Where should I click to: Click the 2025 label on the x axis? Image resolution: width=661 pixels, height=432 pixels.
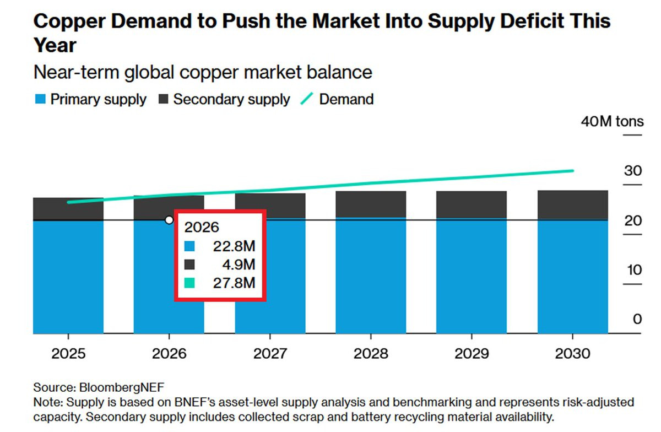(x=68, y=353)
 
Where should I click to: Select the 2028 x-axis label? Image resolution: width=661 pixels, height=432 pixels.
(x=371, y=353)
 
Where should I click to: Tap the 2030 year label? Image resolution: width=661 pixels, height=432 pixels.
(x=572, y=353)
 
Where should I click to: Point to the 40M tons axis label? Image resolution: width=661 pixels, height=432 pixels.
(x=612, y=121)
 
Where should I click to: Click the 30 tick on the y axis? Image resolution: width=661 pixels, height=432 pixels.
(x=633, y=171)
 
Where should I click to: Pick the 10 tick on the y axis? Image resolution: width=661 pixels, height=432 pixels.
(x=633, y=270)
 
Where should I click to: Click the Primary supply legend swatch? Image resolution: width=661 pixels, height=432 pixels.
(x=40, y=100)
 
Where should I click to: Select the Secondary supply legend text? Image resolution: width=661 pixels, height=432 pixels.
(x=231, y=100)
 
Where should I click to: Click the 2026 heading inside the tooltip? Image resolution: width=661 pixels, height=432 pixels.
(x=202, y=227)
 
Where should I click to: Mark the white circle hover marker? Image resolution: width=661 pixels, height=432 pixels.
(x=169, y=220)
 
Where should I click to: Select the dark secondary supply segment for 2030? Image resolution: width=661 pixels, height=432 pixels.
(x=572, y=205)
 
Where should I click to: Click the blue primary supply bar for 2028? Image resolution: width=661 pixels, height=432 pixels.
(x=371, y=276)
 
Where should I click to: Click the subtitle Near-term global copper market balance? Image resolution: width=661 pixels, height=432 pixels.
(x=203, y=72)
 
